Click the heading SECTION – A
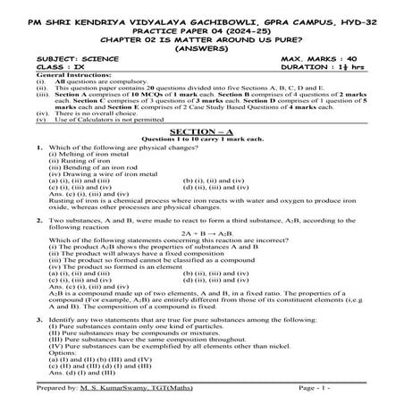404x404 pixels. pos(200,130)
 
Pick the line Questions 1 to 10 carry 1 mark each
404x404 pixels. pos(200,138)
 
